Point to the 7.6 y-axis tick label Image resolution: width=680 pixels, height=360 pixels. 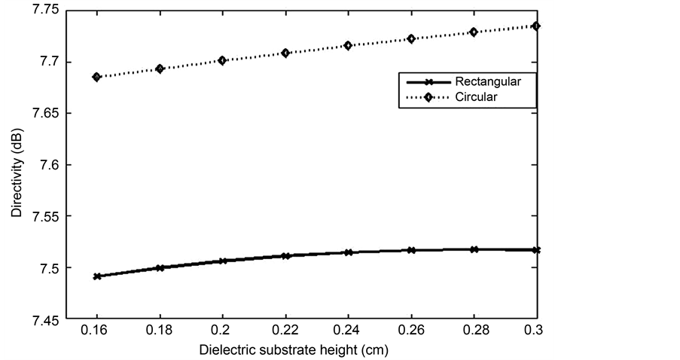coord(46,165)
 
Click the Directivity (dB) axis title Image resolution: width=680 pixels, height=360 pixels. coord(17,165)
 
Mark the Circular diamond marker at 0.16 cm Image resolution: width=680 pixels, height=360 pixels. coord(96,77)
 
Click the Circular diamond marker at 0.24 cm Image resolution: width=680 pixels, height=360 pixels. coord(348,46)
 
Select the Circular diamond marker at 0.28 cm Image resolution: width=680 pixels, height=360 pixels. coord(474,32)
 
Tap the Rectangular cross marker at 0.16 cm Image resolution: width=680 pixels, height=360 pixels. coord(96,276)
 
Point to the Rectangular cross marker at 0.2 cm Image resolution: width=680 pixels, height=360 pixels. coord(222,261)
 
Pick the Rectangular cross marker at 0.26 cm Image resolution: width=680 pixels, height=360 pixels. coord(411,249)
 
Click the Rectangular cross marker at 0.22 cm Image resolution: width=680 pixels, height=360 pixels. coord(285,256)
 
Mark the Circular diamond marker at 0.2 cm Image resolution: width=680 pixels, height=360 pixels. coord(222,60)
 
